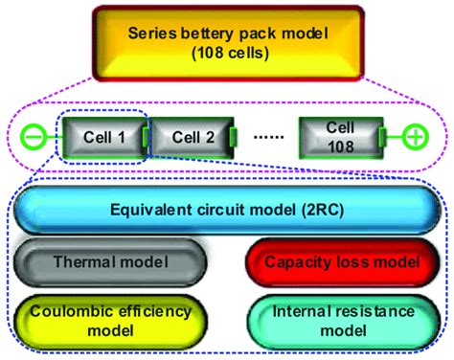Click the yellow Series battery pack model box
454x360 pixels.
pyautogui.click(x=226, y=43)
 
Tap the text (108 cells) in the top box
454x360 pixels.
pyautogui.click(x=227, y=56)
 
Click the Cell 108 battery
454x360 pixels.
pyautogui.click(x=340, y=138)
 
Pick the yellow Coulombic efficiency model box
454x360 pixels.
pyautogui.click(x=113, y=320)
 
